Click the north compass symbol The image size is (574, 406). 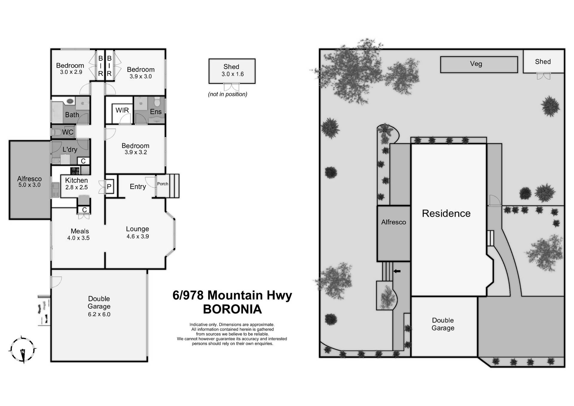click(x=23, y=349)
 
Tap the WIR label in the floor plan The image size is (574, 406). click(x=122, y=110)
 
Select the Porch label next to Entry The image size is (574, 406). click(x=163, y=184)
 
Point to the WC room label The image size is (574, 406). click(x=68, y=132)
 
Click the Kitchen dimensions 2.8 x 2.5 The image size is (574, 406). click(x=77, y=187)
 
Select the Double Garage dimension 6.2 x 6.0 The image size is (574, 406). click(x=99, y=314)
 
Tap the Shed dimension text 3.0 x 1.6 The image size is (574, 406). click(x=232, y=74)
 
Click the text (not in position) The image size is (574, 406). click(x=228, y=94)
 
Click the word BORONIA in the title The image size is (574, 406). click(x=232, y=309)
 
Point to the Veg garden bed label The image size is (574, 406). click(x=476, y=64)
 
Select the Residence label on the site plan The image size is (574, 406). click(x=446, y=213)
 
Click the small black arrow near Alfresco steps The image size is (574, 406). click(x=397, y=271)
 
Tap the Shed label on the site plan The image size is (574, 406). click(x=543, y=62)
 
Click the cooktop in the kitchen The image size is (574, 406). click(x=75, y=171)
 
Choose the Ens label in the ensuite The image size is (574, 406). click(x=155, y=112)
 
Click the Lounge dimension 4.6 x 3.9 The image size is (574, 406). click(x=138, y=236)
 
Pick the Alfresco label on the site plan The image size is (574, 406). click(x=393, y=222)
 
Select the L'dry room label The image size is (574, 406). click(x=70, y=149)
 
